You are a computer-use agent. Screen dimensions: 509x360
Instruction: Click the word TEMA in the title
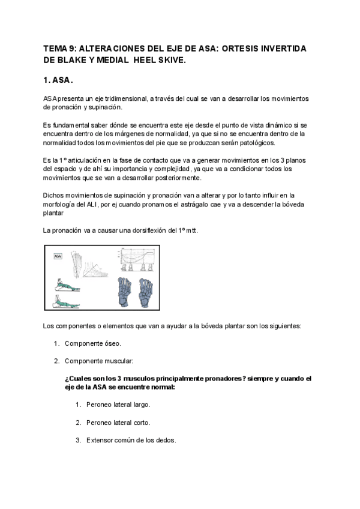(x=55, y=48)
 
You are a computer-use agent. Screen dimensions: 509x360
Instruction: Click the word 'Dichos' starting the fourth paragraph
(x=53, y=195)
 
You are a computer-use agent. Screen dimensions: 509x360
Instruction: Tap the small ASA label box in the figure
(x=58, y=256)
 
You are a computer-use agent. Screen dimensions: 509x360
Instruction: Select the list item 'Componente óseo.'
(x=92, y=344)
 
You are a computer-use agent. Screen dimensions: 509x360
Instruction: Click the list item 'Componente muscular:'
(x=99, y=361)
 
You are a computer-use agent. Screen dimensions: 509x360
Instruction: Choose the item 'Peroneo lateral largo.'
(x=118, y=405)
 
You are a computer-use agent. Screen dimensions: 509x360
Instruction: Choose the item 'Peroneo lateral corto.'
(x=118, y=423)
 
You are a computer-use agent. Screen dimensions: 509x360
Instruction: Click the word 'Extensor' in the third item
(x=100, y=440)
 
